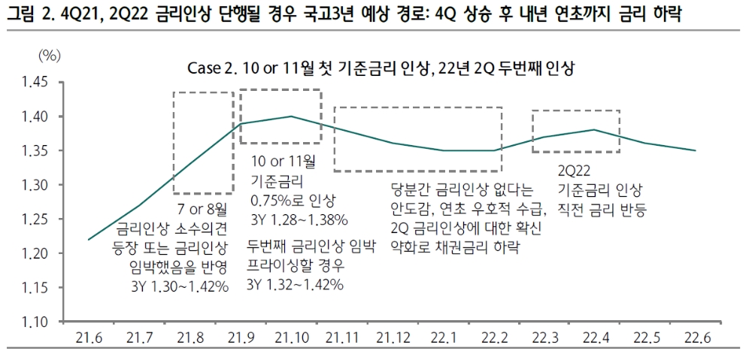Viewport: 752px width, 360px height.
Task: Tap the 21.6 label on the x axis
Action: pyautogui.click(x=89, y=337)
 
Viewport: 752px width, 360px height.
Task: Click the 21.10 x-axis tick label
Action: pyautogui.click(x=291, y=337)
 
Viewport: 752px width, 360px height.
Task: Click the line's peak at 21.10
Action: pyautogui.click(x=291, y=116)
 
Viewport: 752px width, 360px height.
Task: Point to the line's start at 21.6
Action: pyautogui.click(x=89, y=240)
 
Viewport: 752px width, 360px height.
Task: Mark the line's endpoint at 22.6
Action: pyautogui.click(x=695, y=150)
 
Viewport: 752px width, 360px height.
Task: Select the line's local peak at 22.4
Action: pyautogui.click(x=595, y=130)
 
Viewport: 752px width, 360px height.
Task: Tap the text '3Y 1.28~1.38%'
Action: pyautogui.click(x=299, y=219)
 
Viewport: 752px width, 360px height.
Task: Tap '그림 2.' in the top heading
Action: pyautogui.click(x=27, y=14)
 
